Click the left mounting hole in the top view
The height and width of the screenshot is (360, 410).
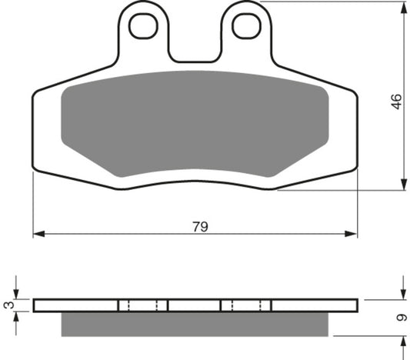[143, 26]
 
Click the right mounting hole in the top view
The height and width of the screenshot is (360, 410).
[248, 26]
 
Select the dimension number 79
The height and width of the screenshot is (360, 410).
[200, 227]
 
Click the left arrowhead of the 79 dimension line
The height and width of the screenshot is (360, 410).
[38, 232]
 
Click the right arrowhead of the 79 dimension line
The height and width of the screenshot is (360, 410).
[354, 232]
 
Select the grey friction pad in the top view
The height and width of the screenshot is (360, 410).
[196, 123]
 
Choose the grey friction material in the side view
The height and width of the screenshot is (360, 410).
[200, 324]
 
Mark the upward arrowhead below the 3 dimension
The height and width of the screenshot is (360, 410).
[17, 315]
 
